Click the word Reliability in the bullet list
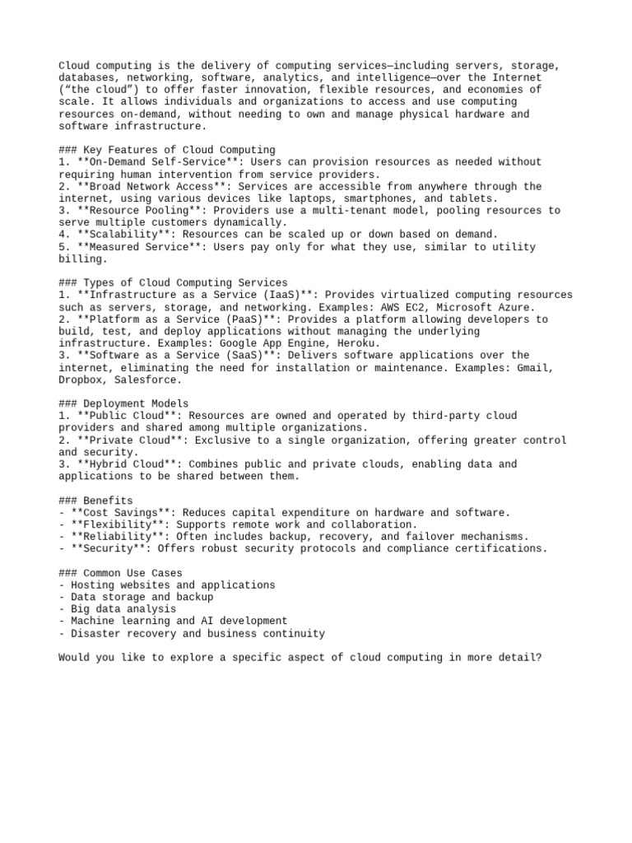tap(111, 537)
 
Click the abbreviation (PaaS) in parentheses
tap(230, 319)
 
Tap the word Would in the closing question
tap(74, 658)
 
